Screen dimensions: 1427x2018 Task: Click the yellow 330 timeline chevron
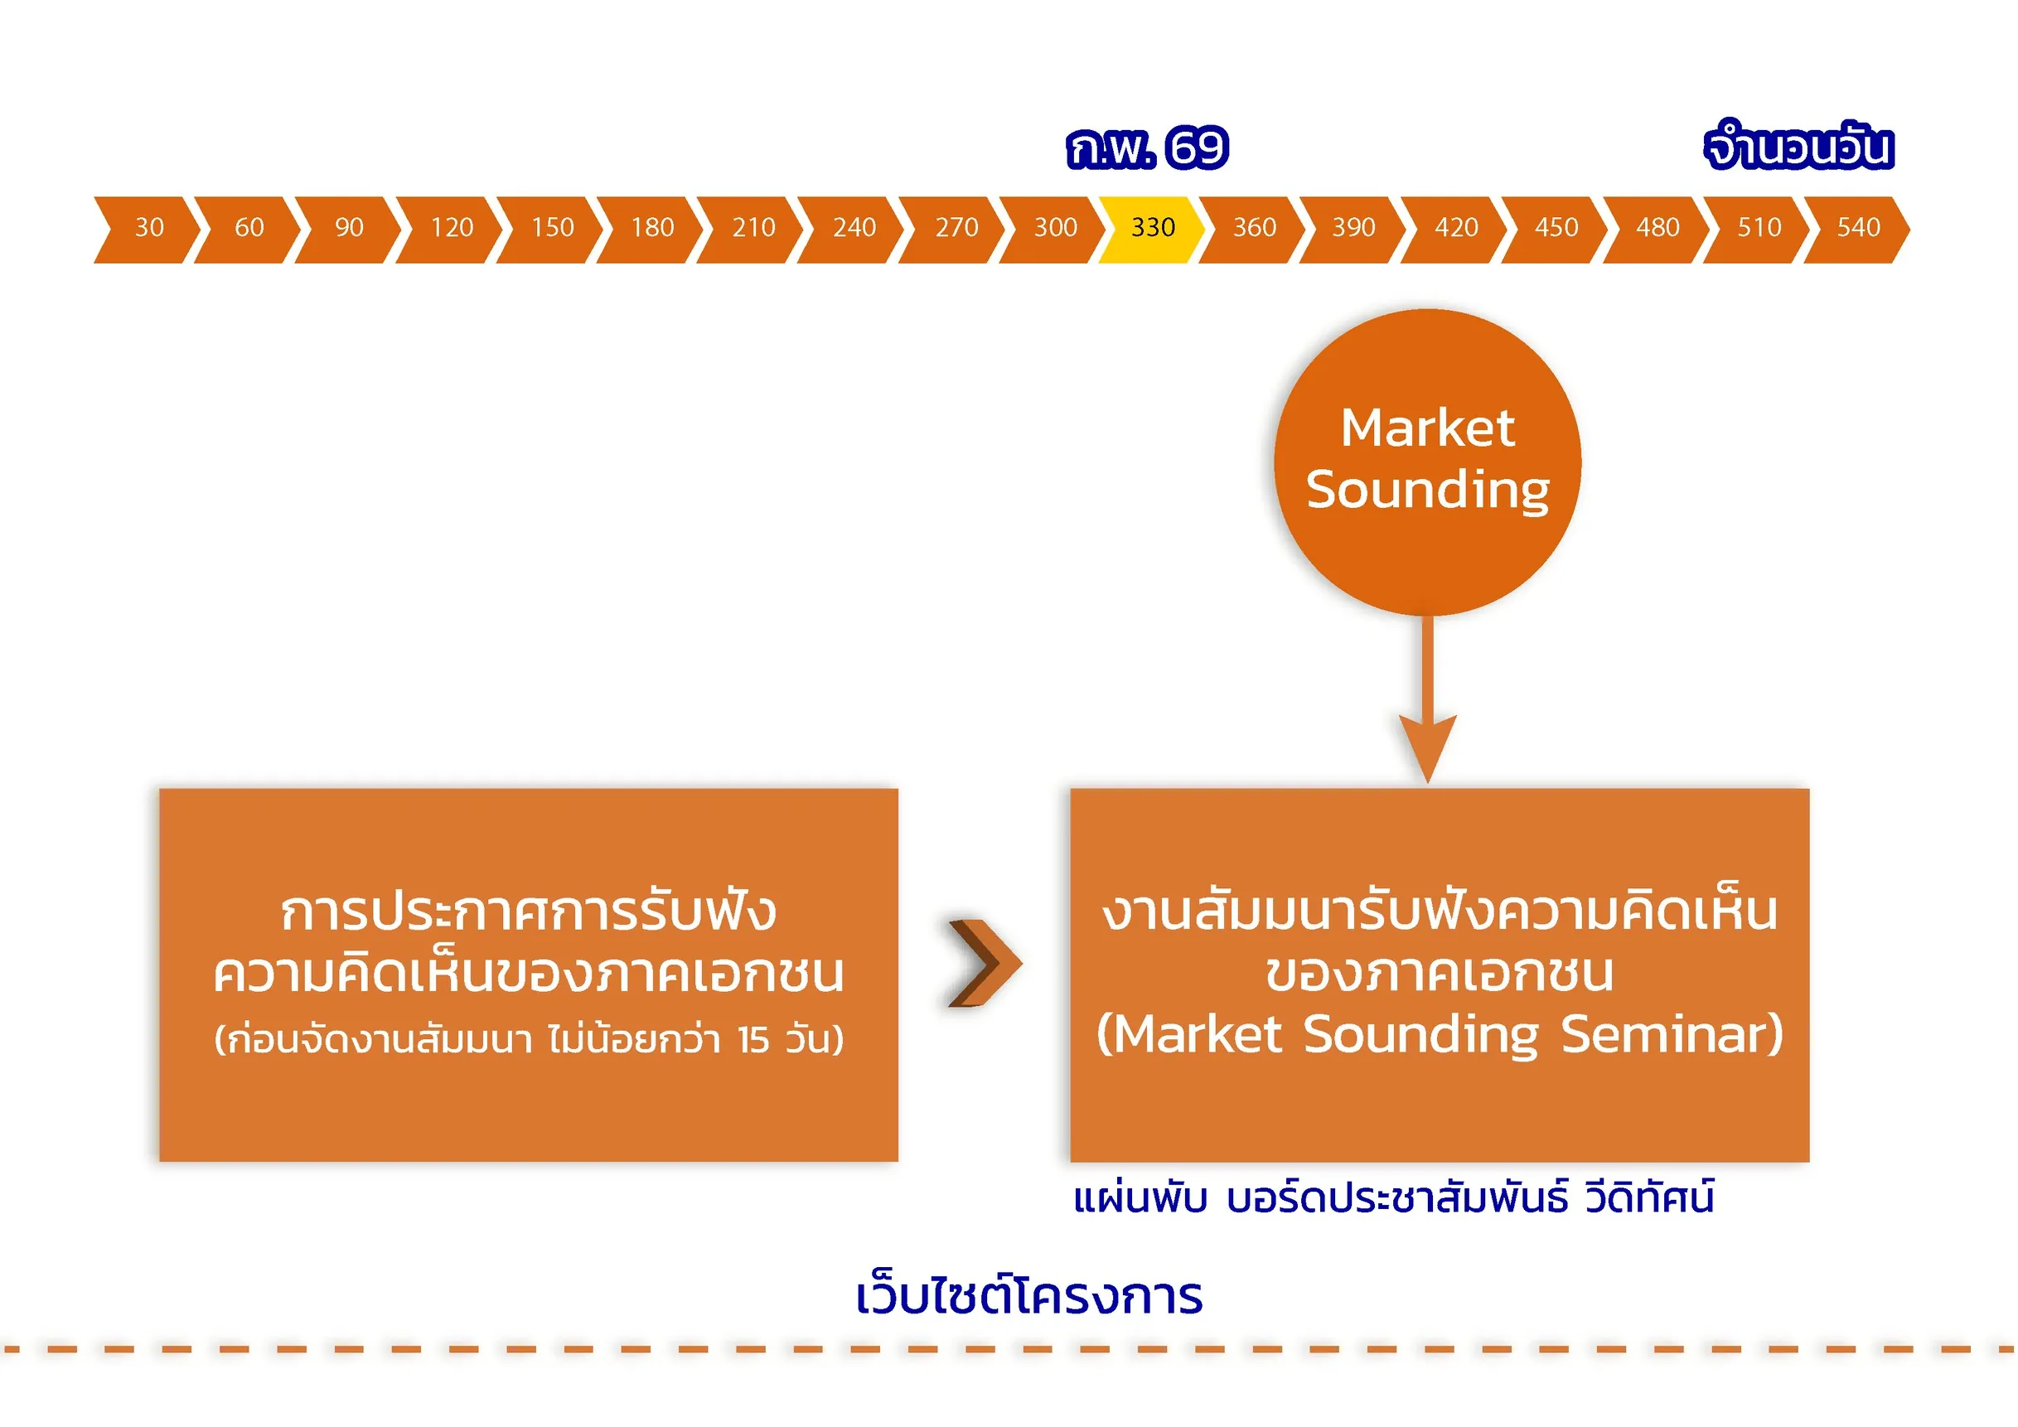coord(1151,229)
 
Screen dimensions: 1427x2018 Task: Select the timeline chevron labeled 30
coord(148,229)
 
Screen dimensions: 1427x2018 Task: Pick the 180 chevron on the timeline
coord(651,229)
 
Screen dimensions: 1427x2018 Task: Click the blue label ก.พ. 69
coord(1147,148)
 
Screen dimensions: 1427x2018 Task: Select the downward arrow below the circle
coord(1427,703)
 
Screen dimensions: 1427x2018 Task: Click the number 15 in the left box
coord(753,1040)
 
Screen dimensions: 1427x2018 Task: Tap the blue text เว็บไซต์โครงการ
coord(1028,1297)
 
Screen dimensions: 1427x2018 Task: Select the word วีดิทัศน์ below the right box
coord(1649,1198)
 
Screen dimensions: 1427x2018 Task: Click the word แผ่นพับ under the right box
coord(1140,1198)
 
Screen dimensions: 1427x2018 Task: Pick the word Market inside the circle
coord(1427,428)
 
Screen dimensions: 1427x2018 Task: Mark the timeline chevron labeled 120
coord(451,229)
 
